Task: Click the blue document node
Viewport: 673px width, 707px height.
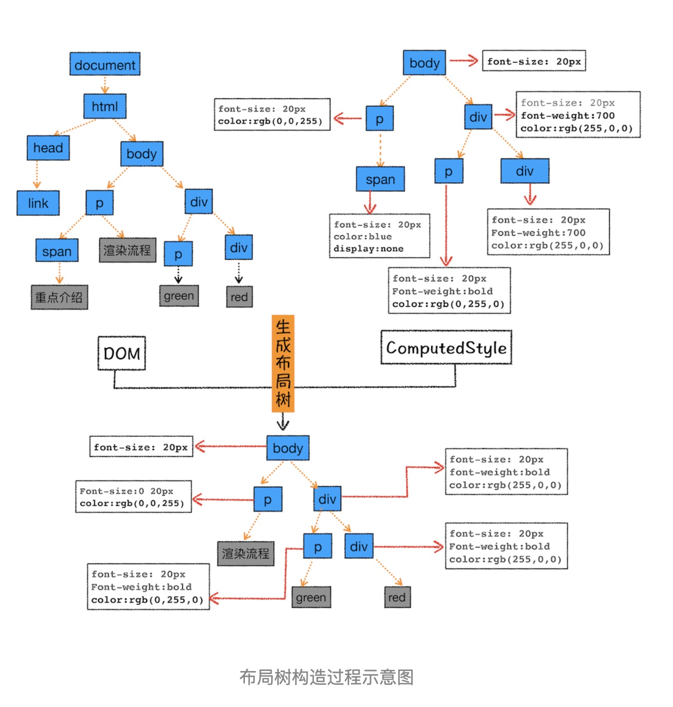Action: coord(105,64)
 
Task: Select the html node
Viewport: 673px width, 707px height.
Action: coord(105,107)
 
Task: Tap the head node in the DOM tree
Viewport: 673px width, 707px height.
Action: coord(48,148)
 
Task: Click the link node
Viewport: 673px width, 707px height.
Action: coord(38,203)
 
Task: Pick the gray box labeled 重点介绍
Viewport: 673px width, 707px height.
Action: coord(59,297)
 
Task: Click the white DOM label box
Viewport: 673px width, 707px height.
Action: coord(122,353)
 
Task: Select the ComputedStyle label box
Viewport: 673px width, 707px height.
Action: coord(446,348)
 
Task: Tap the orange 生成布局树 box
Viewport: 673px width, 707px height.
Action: coord(283,363)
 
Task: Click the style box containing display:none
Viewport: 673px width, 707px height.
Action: coord(379,236)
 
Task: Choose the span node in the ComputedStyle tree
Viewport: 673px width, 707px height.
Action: coord(380,180)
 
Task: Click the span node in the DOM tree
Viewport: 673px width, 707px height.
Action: coord(57,251)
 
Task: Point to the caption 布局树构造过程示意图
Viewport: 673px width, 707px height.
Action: coord(326,677)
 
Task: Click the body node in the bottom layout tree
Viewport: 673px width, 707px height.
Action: coord(288,448)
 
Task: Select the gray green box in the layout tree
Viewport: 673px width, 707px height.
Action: coord(311,597)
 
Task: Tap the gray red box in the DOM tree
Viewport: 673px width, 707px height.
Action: coord(239,297)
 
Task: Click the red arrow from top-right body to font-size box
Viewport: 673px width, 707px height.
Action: coord(464,61)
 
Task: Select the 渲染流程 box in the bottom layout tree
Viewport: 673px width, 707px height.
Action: coord(245,554)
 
